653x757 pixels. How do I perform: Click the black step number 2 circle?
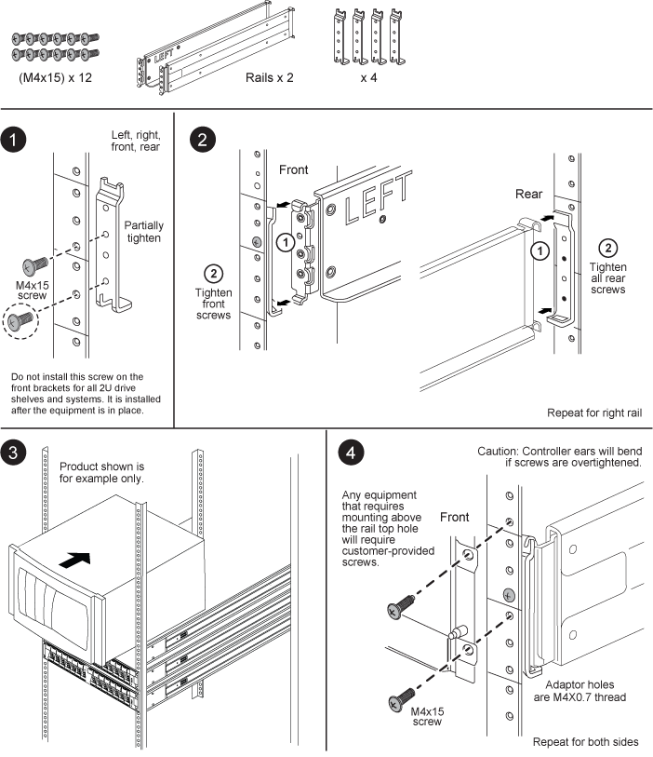coord(201,141)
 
